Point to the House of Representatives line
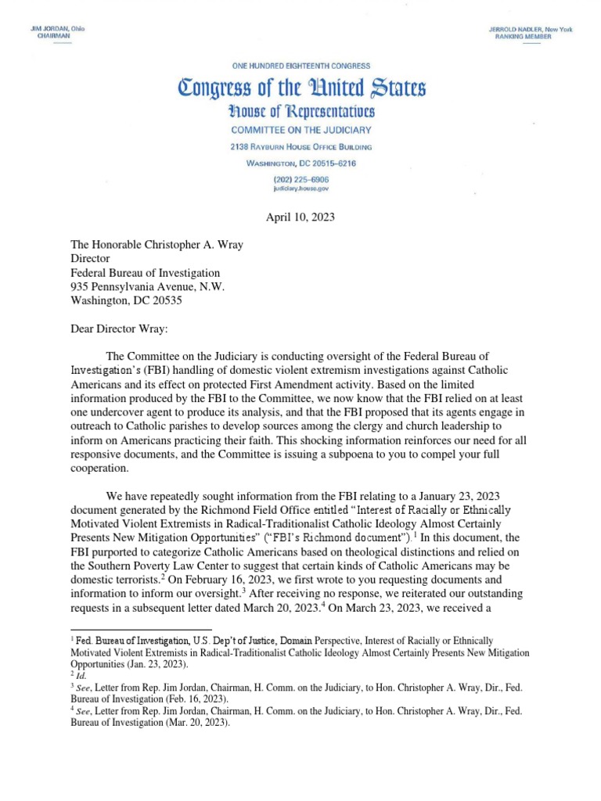tap(300, 112)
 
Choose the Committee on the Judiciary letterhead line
tap(300, 130)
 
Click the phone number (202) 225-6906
tap(300, 178)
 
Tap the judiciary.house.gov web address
tap(300, 189)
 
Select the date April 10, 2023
tap(300, 217)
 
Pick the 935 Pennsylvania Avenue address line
tap(147, 287)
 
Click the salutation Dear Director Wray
tap(114, 329)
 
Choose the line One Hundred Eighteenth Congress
tap(300, 66)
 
